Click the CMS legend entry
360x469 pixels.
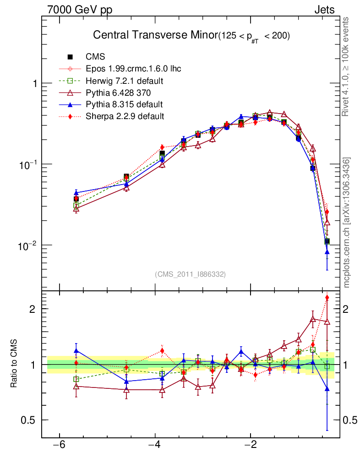tap(95, 57)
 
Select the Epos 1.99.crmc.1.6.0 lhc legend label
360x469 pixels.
tap(133, 69)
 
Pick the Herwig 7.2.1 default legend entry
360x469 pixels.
tap(125, 81)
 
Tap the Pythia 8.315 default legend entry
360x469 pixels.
tap(124, 104)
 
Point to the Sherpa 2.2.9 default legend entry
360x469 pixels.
tap(125, 116)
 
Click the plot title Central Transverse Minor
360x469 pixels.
tap(155, 35)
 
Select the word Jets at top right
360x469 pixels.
tap(324, 10)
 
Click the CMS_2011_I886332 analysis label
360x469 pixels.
tap(191, 274)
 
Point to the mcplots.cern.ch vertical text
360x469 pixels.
tap(347, 223)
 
